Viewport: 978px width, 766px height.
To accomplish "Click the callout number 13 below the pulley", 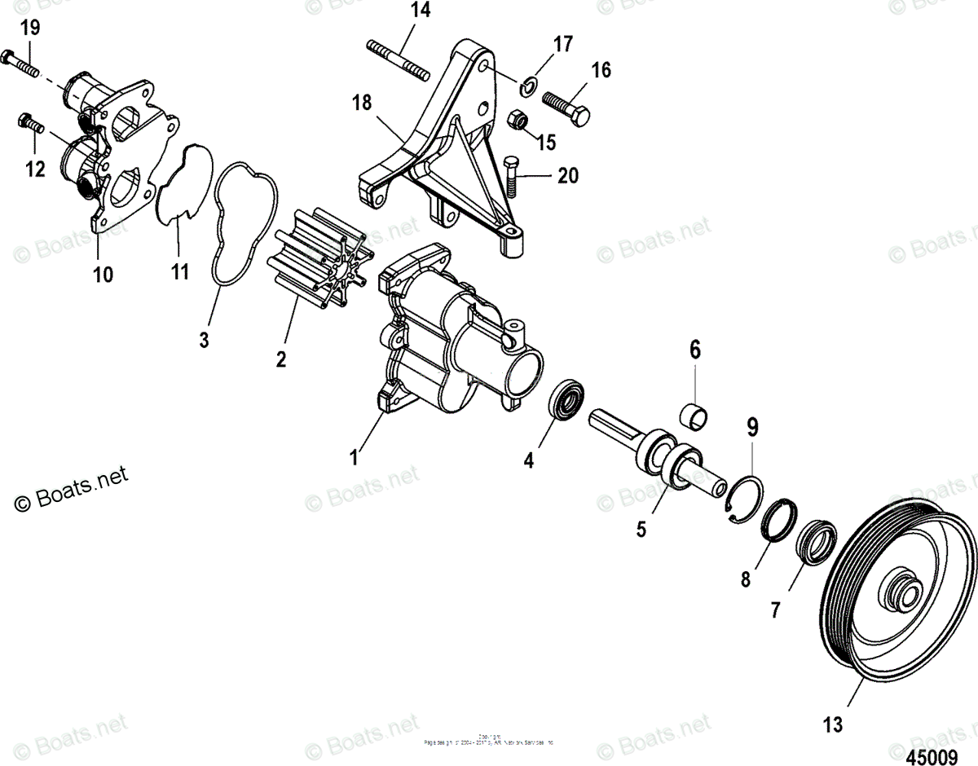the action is point(832,724).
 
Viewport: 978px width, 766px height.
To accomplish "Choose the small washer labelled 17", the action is point(527,81).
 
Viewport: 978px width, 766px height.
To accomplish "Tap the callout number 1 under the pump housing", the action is point(354,458).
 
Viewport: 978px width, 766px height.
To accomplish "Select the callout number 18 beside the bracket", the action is point(361,103).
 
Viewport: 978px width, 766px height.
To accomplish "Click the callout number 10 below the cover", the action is point(103,275).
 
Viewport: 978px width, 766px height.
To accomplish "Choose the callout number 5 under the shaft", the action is point(641,529).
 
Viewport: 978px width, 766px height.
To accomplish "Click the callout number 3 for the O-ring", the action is point(204,340).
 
